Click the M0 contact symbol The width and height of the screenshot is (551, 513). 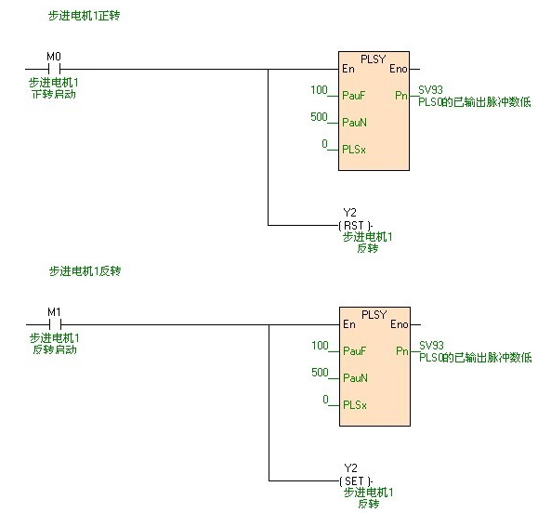[54, 69]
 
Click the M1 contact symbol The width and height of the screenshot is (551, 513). [54, 324]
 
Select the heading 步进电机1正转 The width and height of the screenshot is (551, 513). [85, 17]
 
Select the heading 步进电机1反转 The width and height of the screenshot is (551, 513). [85, 271]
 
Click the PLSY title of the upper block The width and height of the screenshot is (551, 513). [374, 59]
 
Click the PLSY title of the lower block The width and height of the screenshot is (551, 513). [374, 314]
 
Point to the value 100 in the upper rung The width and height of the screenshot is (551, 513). [320, 89]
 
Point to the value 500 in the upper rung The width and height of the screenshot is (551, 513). [320, 117]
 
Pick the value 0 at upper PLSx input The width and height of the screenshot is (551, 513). [324, 144]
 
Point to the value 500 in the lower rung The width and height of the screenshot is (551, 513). [320, 372]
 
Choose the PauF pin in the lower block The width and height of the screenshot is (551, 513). [353, 351]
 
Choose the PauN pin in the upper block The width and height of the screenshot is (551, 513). [354, 122]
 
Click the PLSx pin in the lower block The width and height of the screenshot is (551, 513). [354, 404]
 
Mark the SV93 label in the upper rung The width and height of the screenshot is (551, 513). [431, 90]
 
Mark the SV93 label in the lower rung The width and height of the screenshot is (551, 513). [431, 345]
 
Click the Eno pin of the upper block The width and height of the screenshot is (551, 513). [398, 69]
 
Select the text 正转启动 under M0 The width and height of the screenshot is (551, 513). [53, 94]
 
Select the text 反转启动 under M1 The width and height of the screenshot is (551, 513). [53, 349]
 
